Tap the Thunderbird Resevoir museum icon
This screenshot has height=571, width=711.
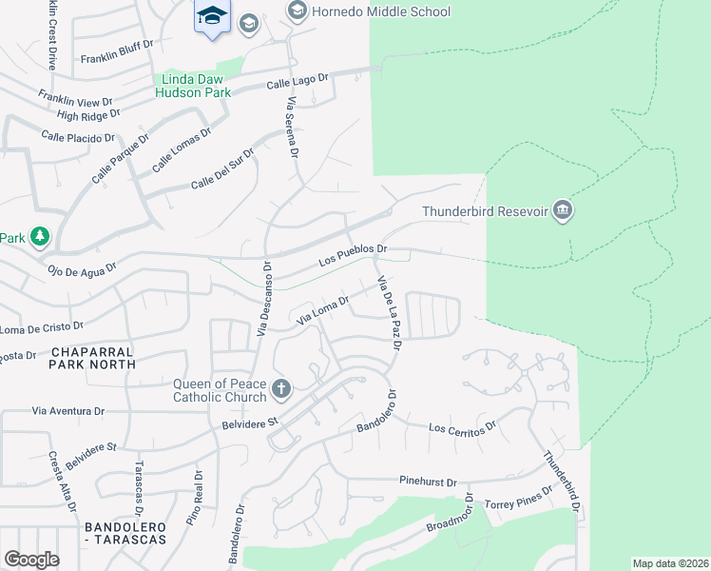tap(562, 210)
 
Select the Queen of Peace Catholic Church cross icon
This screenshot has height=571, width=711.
tap(280, 388)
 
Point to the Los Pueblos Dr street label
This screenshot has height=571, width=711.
tap(353, 254)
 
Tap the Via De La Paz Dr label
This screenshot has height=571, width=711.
tap(391, 313)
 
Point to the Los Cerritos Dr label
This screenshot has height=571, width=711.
tap(463, 426)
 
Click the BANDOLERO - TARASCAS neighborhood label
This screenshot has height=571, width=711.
tap(125, 533)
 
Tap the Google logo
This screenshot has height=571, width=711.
tap(31, 560)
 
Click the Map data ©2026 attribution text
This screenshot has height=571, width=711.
tap(670, 563)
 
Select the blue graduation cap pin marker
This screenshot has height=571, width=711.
tap(212, 16)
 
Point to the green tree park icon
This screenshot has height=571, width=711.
tap(39, 236)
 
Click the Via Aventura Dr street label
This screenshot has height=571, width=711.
tap(67, 411)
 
